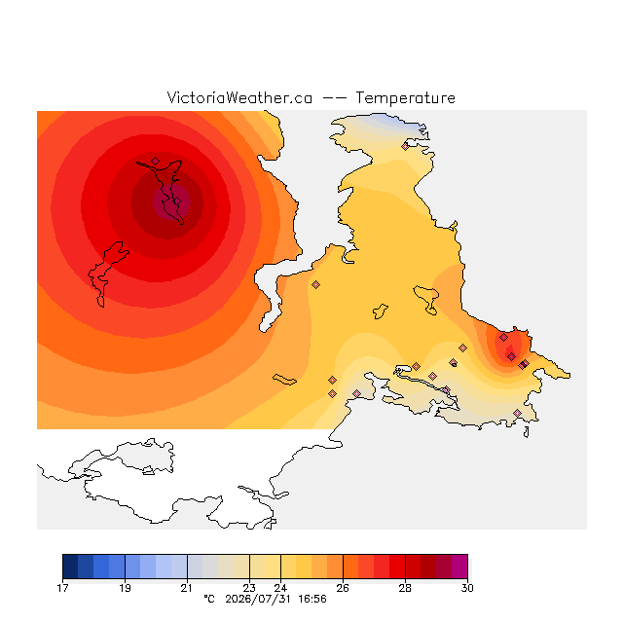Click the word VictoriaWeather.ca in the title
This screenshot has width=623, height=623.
pyautogui.click(x=239, y=97)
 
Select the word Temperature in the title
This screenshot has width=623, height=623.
pyautogui.click(x=405, y=97)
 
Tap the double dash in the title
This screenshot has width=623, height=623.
pyautogui.click(x=334, y=98)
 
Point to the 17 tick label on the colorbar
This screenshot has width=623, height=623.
pyautogui.click(x=62, y=588)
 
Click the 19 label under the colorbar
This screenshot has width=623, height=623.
pyautogui.click(x=125, y=588)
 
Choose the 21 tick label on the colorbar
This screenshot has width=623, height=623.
pyautogui.click(x=187, y=588)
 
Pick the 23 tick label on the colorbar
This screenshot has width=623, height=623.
pyautogui.click(x=249, y=588)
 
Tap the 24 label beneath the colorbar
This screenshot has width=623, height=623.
pyautogui.click(x=280, y=588)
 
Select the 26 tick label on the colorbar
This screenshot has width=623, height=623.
pyautogui.click(x=343, y=588)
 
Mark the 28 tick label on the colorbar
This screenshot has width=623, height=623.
pyautogui.click(x=405, y=588)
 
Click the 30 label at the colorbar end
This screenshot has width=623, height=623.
pyautogui.click(x=467, y=588)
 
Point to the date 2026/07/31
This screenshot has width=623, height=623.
pyautogui.click(x=258, y=600)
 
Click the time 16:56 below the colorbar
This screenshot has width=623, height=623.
pyautogui.click(x=312, y=600)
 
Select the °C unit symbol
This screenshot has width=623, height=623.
pyautogui.click(x=209, y=599)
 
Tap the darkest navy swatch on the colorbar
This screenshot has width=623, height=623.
pyautogui.click(x=70, y=567)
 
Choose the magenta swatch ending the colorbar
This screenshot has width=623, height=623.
pyautogui.click(x=459, y=567)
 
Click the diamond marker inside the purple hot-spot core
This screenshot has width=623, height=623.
pyautogui.click(x=177, y=202)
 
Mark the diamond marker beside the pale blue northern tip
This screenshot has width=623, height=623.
pyautogui.click(x=405, y=147)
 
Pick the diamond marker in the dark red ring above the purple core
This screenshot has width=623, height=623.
pyautogui.click(x=156, y=161)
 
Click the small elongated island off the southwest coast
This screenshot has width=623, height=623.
pyautogui.click(x=284, y=380)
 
